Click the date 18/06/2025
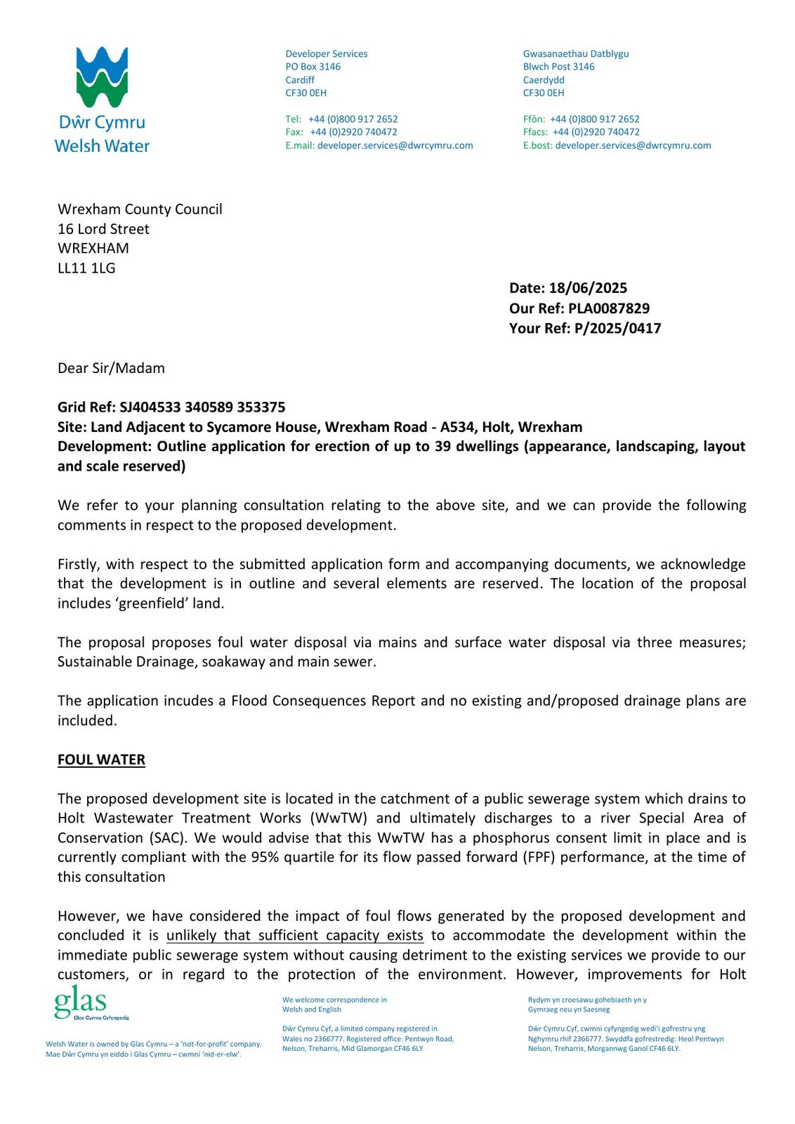pyautogui.click(x=588, y=288)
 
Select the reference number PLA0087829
pyautogui.click(x=610, y=308)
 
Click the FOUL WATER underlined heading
pyautogui.click(x=101, y=759)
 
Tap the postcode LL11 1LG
pyautogui.click(x=86, y=268)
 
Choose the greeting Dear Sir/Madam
pyautogui.click(x=111, y=368)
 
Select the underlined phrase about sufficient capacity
pyautogui.click(x=294, y=935)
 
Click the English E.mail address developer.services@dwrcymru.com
pyautogui.click(x=395, y=145)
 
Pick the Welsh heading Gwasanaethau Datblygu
pyautogui.click(x=575, y=54)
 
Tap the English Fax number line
pyautogui.click(x=341, y=132)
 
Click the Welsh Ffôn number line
pyautogui.click(x=581, y=119)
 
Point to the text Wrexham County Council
pyautogui.click(x=140, y=209)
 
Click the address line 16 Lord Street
pyautogui.click(x=103, y=229)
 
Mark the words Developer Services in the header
pyautogui.click(x=326, y=54)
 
